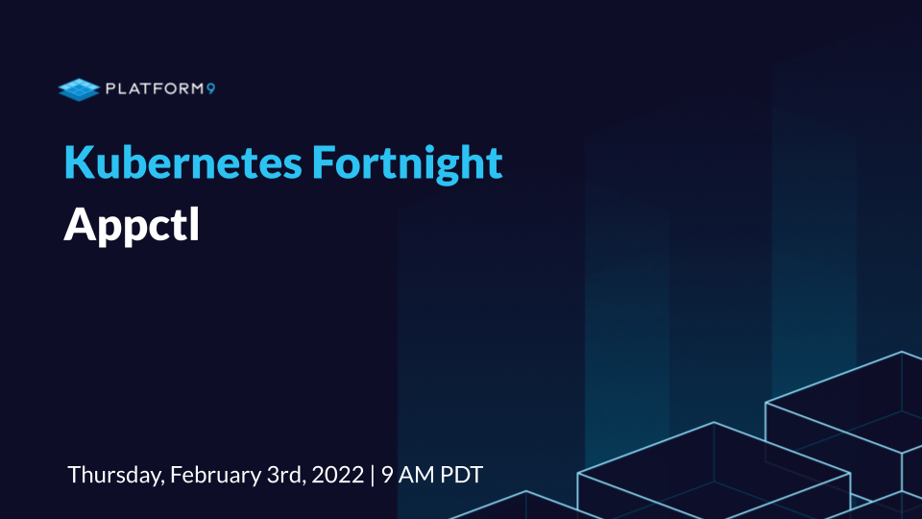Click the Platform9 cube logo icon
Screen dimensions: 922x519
pyautogui.click(x=80, y=89)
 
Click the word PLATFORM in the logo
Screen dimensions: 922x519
pyautogui.click(x=154, y=88)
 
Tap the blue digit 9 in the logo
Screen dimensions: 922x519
pyautogui.click(x=210, y=88)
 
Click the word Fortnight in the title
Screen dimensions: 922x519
pyautogui.click(x=407, y=164)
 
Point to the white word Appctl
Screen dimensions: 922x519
pyautogui.click(x=132, y=225)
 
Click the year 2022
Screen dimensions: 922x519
pyautogui.click(x=337, y=475)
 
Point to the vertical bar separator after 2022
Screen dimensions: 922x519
pyautogui.click(x=373, y=475)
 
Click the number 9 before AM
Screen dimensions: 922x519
pyautogui.click(x=387, y=475)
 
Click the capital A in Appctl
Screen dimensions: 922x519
pyautogui.click(x=80, y=224)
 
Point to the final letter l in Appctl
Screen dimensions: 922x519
pyautogui.click(x=195, y=223)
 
